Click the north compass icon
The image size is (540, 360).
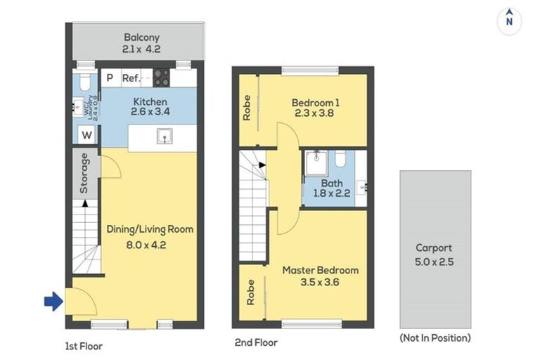(x=508, y=20)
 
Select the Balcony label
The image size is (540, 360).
(x=142, y=37)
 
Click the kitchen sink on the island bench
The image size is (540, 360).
(x=165, y=136)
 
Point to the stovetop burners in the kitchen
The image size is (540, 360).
(x=162, y=78)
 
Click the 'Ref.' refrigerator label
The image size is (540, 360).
(x=131, y=79)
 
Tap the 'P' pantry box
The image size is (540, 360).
(x=110, y=79)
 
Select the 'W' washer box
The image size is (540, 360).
(x=86, y=135)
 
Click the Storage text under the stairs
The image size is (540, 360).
(x=84, y=173)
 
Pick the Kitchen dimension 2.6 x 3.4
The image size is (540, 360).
(x=150, y=112)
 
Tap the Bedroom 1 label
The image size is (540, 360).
(x=315, y=103)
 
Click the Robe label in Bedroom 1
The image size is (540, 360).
(x=247, y=108)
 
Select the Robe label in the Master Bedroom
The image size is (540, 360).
(x=250, y=292)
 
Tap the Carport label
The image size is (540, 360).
(x=434, y=247)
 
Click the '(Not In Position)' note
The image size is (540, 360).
(x=435, y=337)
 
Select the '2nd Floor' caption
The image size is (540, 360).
(x=257, y=343)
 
